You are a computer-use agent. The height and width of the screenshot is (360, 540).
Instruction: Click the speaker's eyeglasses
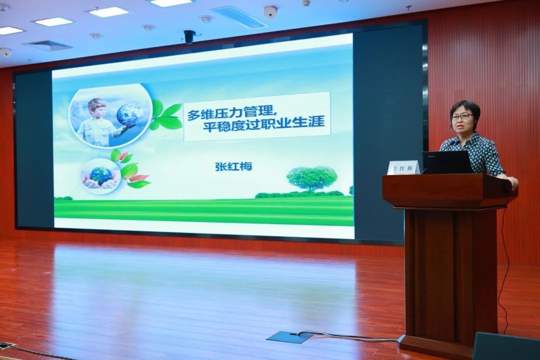pos(462,117)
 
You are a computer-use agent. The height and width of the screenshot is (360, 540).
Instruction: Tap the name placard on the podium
pos(403,168)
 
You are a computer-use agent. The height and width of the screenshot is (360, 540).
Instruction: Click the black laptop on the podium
pos(446,162)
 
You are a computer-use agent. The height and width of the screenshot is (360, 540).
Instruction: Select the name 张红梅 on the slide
pos(233,166)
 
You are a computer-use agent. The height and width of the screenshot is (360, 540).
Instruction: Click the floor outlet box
pos(289,337)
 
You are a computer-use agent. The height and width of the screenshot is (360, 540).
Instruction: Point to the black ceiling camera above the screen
pos(189,36)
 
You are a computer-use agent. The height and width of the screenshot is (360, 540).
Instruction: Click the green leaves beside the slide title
pos(166,115)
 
